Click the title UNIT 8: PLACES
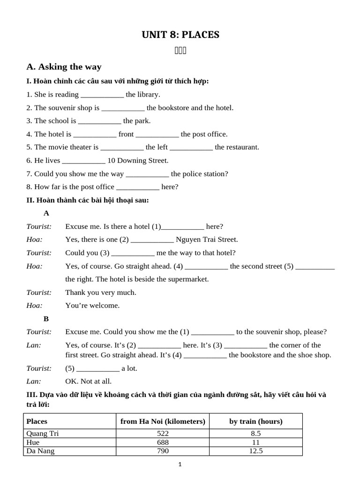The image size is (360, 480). tap(180, 35)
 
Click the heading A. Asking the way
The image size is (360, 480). tap(64, 67)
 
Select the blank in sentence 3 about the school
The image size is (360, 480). tap(99, 121)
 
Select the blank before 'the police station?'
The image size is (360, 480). tap(147, 174)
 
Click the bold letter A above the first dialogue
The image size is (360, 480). tap(46, 213)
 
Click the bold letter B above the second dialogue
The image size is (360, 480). tap(46, 319)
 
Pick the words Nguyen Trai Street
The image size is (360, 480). tap(207, 240)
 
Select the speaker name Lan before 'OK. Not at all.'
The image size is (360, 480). tap(34, 382)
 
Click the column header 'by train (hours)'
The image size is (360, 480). tap(255, 421)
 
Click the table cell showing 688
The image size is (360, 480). tap(163, 442)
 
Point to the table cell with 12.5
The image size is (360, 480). tap(255, 451)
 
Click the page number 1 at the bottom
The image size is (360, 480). tap(180, 465)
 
